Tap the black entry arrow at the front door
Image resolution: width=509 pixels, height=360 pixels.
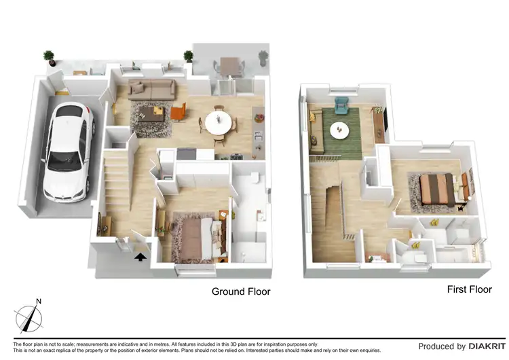point(140,257)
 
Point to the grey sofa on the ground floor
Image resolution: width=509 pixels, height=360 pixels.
point(152,88)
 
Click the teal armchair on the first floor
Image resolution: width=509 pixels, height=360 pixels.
point(341,105)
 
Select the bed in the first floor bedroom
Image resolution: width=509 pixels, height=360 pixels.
point(437,187)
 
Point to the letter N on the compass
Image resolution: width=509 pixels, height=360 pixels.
point(39,301)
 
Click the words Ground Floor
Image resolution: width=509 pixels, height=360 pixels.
point(241,291)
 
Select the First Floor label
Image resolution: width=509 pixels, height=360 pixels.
point(469,289)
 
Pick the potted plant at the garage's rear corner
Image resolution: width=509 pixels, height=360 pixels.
point(49,57)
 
